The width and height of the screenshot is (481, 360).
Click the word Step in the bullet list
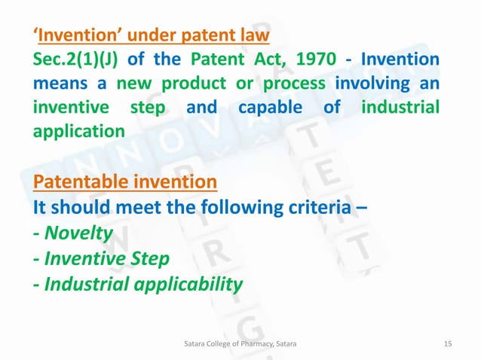pyautogui.click(x=148, y=258)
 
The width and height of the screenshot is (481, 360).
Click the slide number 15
pyautogui.click(x=447, y=343)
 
